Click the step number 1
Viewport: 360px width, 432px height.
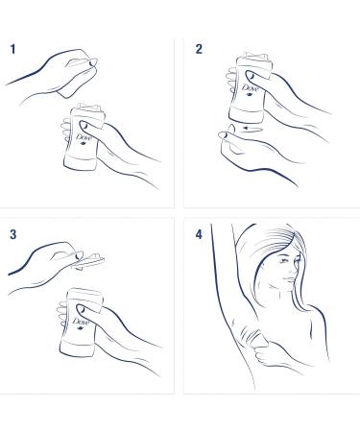12,49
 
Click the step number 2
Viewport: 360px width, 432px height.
199,49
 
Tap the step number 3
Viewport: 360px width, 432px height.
12,234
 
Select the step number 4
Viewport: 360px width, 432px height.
199,234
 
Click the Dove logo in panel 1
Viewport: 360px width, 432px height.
84,138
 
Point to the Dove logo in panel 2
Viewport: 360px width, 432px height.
250,87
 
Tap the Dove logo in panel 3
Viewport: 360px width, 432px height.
80,322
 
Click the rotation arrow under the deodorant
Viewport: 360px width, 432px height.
252,129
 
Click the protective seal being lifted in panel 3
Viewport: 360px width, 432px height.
88,261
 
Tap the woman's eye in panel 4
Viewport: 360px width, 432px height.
284,261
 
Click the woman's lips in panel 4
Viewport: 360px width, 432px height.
290,279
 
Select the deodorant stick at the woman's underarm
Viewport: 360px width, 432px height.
257,339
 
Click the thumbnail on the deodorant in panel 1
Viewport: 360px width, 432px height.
85,126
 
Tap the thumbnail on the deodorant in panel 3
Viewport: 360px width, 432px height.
82,309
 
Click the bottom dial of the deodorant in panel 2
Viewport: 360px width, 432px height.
246,115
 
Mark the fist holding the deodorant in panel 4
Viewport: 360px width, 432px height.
268,354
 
